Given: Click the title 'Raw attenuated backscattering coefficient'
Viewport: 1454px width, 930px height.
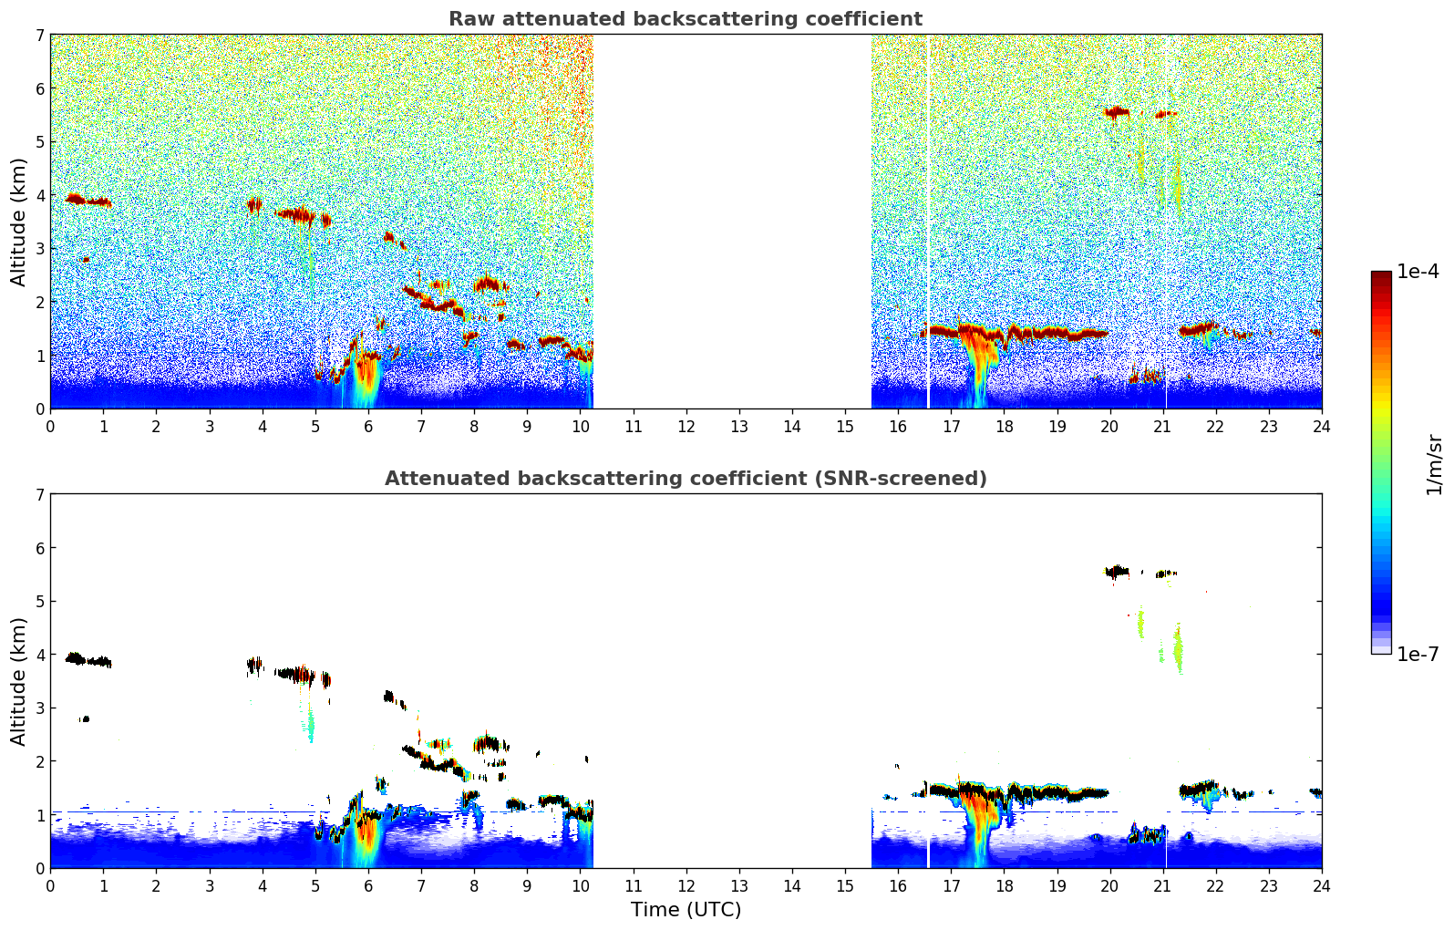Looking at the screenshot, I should [685, 19].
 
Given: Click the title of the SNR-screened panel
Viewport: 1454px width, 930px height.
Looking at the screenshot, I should [685, 479].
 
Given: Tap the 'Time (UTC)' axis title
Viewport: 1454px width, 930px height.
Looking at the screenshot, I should [686, 910].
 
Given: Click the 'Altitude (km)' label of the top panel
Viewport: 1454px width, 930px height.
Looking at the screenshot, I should [18, 222].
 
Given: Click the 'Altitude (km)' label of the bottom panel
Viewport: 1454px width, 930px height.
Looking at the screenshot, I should [18, 681].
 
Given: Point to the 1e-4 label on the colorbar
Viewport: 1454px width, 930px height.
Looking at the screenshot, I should [1418, 272].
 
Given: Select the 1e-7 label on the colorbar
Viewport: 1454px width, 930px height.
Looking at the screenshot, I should [1418, 654].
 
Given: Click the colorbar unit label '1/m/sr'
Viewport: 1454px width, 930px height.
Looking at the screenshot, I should [1434, 464].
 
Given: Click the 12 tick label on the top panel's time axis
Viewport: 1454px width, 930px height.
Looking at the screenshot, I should [686, 426].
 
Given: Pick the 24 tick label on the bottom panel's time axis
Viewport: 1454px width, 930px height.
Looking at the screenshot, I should [1321, 885].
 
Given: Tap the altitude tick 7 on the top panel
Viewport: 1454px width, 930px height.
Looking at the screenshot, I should [39, 36].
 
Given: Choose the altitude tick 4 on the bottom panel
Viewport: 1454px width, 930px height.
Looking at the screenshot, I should [39, 655].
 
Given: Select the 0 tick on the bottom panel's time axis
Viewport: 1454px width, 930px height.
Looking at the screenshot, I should [50, 885].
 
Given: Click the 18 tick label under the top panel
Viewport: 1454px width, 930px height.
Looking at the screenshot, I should [1004, 426].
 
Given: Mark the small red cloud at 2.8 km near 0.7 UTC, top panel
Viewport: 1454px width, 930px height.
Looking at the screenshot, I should [86, 260].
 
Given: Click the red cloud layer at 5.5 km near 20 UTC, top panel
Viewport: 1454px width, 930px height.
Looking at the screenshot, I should [1117, 113].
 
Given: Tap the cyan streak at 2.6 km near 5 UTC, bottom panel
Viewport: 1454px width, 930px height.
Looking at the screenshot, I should [311, 727].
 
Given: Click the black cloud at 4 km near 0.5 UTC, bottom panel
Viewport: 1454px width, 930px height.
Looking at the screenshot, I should [77, 658].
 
